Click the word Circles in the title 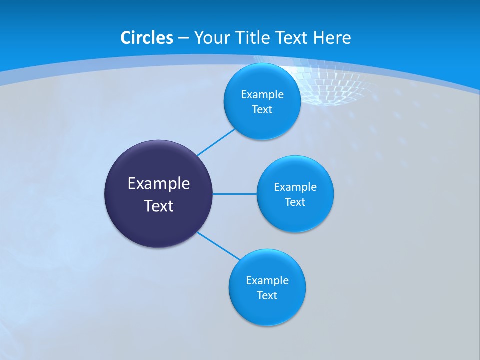146,38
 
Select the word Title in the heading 250,38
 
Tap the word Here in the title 332,38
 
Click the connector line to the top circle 216,142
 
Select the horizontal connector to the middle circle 234,194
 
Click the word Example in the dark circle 159,184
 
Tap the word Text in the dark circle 159,206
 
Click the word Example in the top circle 262,95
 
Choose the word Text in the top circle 262,110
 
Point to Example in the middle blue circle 295,187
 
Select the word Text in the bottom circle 267,296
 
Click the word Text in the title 292,38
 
